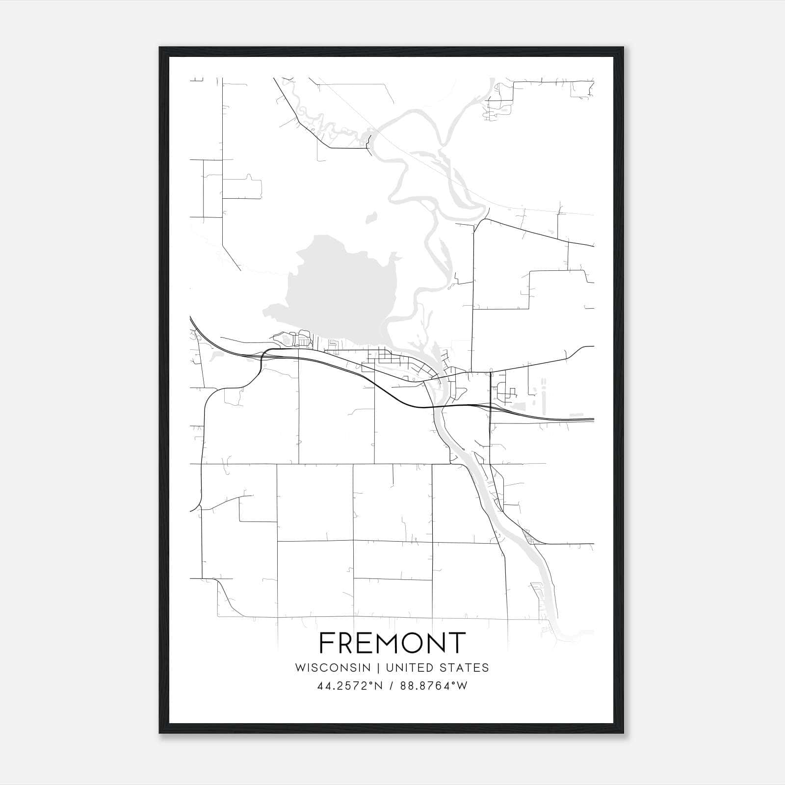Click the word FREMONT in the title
point(392,643)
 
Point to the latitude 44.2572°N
point(348,686)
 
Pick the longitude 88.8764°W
point(434,686)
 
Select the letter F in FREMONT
point(327,643)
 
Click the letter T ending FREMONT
point(456,643)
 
